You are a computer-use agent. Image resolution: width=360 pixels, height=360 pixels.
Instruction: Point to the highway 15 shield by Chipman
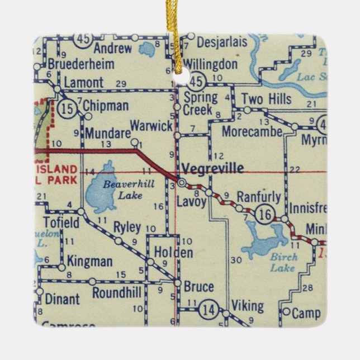click(68, 110)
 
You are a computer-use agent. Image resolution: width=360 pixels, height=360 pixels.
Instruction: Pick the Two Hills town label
click(266, 99)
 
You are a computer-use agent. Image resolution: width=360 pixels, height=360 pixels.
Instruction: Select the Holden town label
click(173, 252)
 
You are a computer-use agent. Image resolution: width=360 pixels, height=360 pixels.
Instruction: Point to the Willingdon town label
click(210, 64)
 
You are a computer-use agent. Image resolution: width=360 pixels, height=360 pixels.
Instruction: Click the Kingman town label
click(89, 261)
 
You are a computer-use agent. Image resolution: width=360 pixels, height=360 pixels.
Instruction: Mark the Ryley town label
click(127, 228)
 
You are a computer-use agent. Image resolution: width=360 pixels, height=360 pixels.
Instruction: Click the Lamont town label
click(83, 83)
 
